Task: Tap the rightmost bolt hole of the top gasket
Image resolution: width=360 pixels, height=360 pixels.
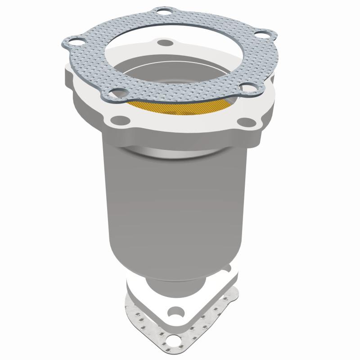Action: [262, 35]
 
